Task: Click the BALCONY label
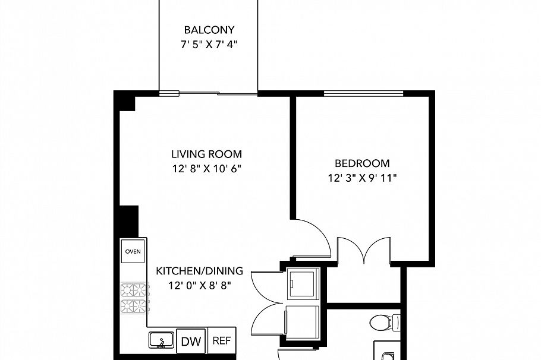click(x=209, y=30)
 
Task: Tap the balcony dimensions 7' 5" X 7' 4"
click(x=209, y=45)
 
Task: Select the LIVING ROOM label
click(x=207, y=153)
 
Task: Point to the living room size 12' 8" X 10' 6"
click(x=207, y=168)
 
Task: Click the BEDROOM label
click(x=362, y=163)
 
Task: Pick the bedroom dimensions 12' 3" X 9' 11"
click(x=362, y=178)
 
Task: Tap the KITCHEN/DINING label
click(x=200, y=271)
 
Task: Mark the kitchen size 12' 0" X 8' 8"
click(x=200, y=286)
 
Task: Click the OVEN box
click(x=133, y=251)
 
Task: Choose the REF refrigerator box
click(x=221, y=341)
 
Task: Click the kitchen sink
click(x=161, y=340)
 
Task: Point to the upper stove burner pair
click(x=133, y=290)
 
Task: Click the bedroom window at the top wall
click(x=363, y=93)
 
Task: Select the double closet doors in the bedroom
click(x=364, y=250)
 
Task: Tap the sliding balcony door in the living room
click(x=209, y=93)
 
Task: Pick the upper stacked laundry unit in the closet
click(x=303, y=283)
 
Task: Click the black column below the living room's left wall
click(x=129, y=220)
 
